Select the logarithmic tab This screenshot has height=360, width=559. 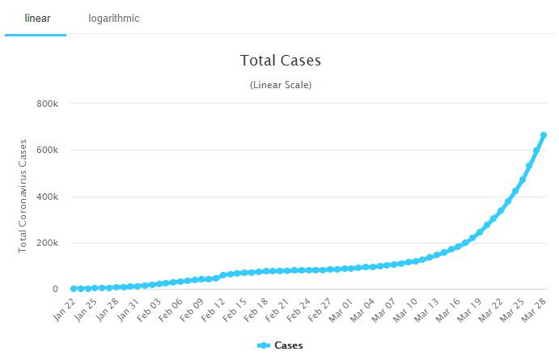tap(114, 19)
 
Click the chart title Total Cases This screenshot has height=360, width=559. tap(281, 61)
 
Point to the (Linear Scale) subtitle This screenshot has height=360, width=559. tap(281, 84)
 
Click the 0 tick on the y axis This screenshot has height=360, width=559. tap(55, 289)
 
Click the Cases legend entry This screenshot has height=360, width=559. tap(281, 345)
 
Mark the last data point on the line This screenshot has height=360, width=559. tap(544, 135)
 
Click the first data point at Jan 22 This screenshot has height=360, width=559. tap(74, 289)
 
